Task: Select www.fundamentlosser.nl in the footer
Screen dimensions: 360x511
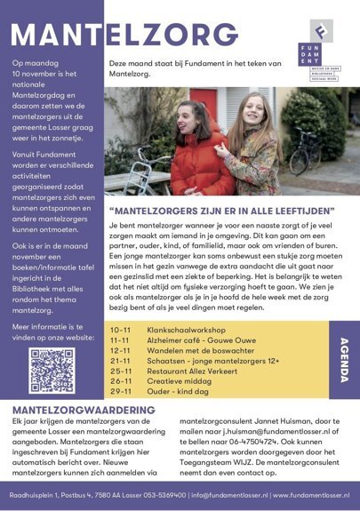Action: pos(311,494)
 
